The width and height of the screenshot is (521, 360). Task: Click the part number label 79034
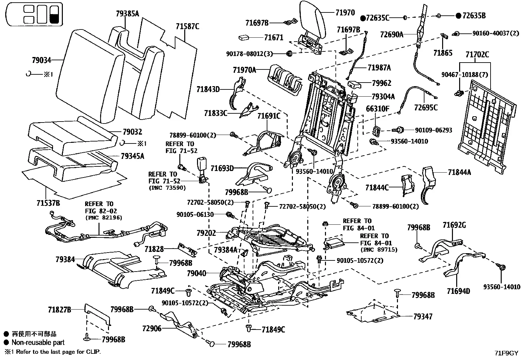pos(42,60)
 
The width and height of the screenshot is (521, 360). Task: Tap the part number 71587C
pos(188,27)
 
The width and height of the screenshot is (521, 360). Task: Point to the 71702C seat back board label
pos(477,54)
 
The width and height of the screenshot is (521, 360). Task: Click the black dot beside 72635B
pos(458,16)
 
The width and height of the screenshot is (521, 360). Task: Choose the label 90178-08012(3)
pos(249,54)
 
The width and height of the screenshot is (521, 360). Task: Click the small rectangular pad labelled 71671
pos(244,37)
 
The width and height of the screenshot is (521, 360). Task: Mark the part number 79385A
pos(127,14)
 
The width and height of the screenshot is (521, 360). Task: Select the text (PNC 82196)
pos(104,218)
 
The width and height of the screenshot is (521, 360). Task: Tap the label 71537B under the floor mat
pos(48,203)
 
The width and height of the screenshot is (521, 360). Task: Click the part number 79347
pos(423,316)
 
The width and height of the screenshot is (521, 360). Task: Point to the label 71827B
pos(60,310)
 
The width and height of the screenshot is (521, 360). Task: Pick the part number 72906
pos(152,329)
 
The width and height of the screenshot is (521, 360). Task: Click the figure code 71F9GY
pos(506,353)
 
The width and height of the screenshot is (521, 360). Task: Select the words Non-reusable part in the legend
pos(38,342)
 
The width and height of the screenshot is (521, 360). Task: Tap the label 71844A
pos(459,172)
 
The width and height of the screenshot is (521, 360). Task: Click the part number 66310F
pos(377,109)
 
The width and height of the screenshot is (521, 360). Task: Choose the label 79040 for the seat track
pos(197,273)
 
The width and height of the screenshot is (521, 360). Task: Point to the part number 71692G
pos(454,225)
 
